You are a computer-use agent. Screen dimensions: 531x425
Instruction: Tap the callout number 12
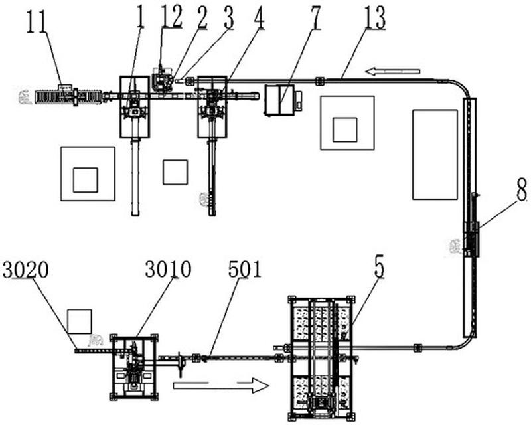click(172, 15)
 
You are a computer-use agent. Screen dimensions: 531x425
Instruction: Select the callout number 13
click(375, 18)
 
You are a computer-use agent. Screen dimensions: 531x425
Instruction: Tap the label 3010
click(168, 269)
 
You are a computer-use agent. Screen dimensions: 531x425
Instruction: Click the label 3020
click(25, 270)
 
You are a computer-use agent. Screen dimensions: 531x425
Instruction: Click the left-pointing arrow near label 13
click(393, 72)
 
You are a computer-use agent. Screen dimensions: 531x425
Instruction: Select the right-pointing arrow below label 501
click(221, 386)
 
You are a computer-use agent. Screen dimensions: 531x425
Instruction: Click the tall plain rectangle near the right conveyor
click(435, 155)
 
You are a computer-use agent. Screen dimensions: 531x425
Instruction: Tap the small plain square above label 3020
click(79, 321)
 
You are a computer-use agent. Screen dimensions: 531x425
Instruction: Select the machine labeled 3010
click(134, 367)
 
